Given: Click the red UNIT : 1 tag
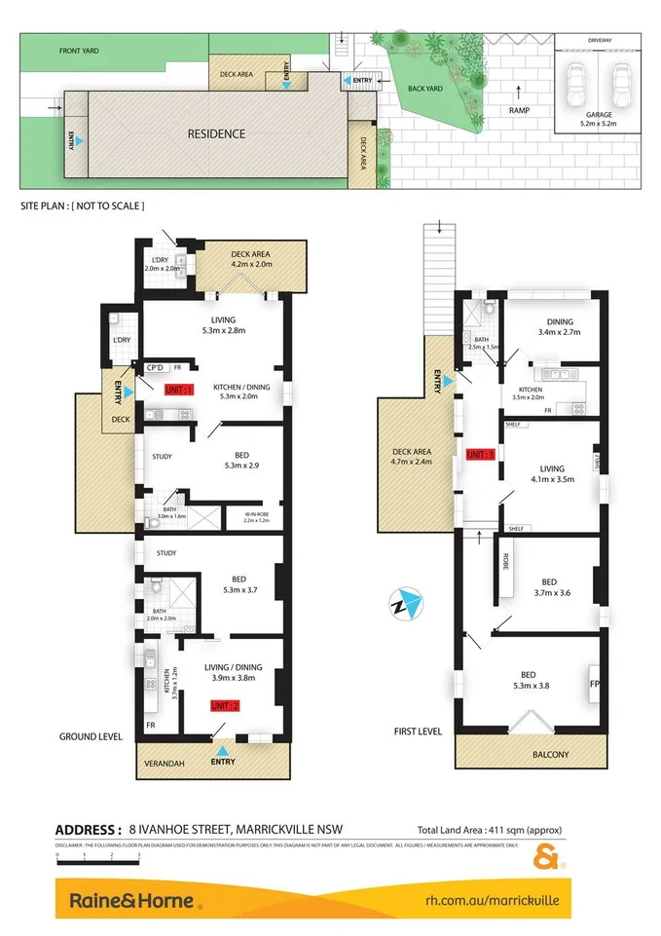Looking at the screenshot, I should (x=179, y=390).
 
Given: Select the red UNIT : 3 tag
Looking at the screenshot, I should (x=482, y=455).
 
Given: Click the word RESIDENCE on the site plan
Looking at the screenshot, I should (x=216, y=133).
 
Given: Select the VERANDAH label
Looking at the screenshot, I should (x=161, y=763).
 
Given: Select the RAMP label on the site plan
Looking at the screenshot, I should (x=519, y=111).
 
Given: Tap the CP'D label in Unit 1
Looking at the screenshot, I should (x=154, y=367).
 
